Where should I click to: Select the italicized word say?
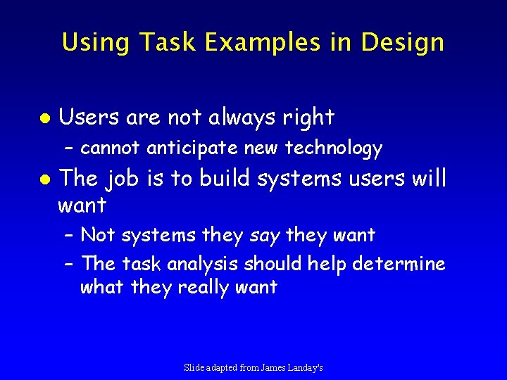click(x=264, y=236)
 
